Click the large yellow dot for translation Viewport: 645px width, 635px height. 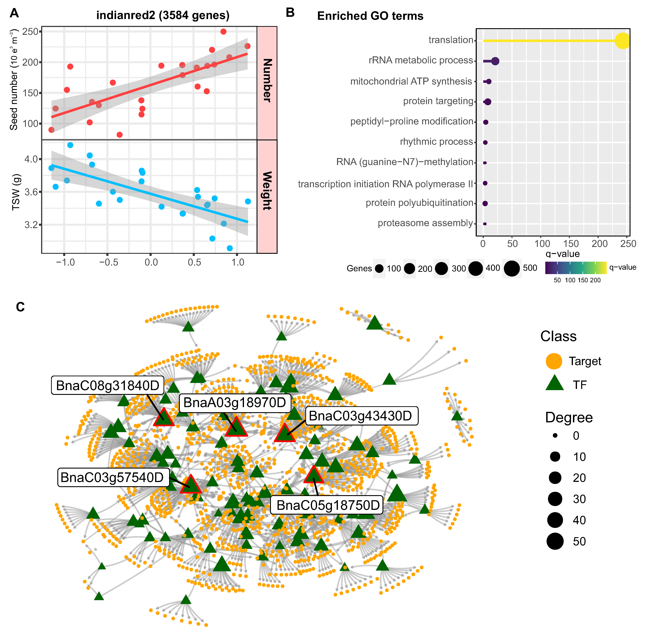click(622, 41)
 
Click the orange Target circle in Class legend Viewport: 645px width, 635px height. click(554, 361)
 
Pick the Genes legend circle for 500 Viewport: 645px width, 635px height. click(512, 268)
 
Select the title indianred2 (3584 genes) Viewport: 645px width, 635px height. click(163, 15)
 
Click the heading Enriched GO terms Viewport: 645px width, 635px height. click(370, 16)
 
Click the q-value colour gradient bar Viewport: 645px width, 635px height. click(576, 267)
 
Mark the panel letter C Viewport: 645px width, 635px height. click(20, 307)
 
